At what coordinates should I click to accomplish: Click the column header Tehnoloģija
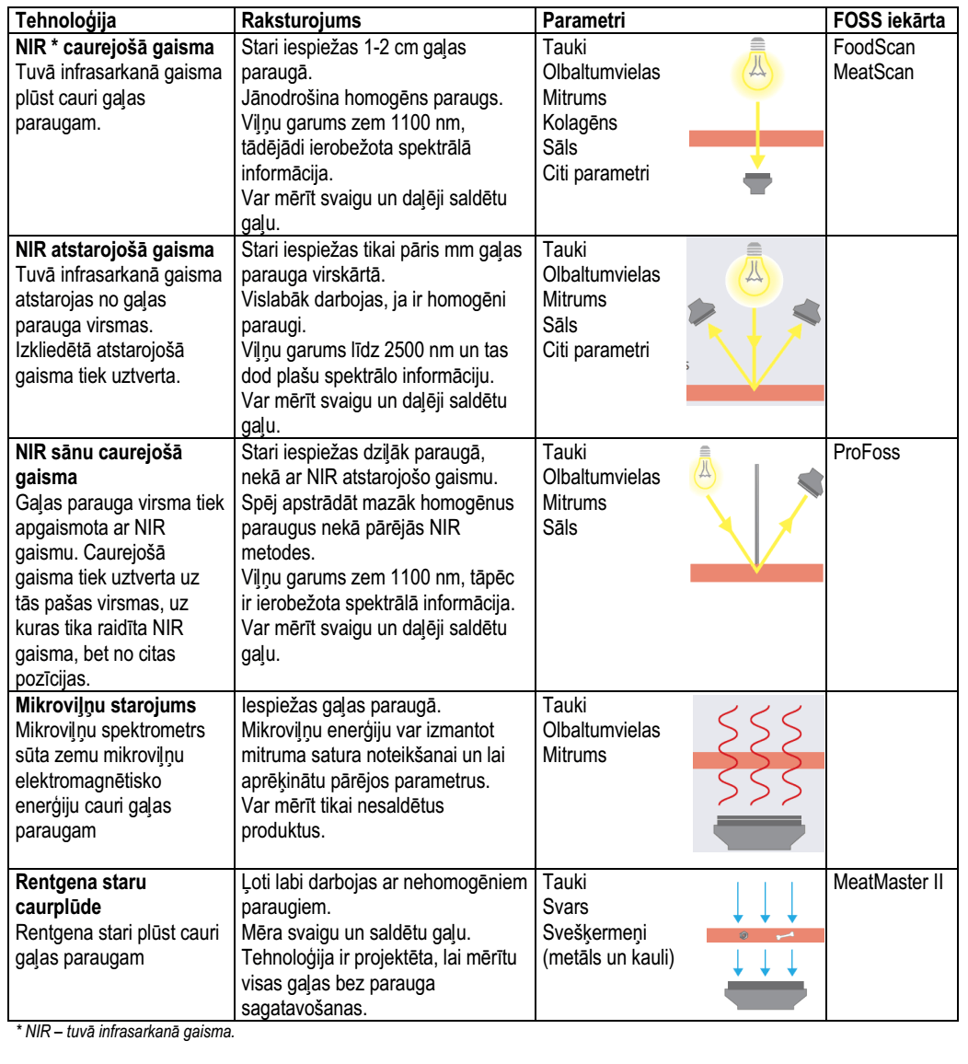pos(66,21)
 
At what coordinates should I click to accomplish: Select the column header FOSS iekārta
pos(889,20)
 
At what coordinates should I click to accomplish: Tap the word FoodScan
pos(874,48)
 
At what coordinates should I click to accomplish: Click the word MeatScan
pos(873,72)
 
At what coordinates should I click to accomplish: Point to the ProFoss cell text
pos(866,453)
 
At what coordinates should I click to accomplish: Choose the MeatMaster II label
pos(888,882)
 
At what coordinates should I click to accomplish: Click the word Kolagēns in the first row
pos(580,122)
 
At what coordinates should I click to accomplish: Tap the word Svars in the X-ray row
pos(565,908)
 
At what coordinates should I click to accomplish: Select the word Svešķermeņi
pos(594,933)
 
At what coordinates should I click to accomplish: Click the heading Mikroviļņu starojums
pos(106,706)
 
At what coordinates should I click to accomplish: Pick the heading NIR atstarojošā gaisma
pos(115,250)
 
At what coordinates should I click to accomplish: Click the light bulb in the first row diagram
pos(757,66)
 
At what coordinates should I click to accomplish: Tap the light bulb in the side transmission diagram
pos(705,468)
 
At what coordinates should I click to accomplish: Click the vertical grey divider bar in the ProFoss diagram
pos(757,515)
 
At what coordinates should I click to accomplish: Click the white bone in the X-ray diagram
pos(785,936)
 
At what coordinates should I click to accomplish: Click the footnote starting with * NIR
pos(125,1032)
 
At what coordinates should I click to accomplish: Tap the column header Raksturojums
pos(301,21)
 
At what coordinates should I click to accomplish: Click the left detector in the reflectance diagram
pos(703,311)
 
